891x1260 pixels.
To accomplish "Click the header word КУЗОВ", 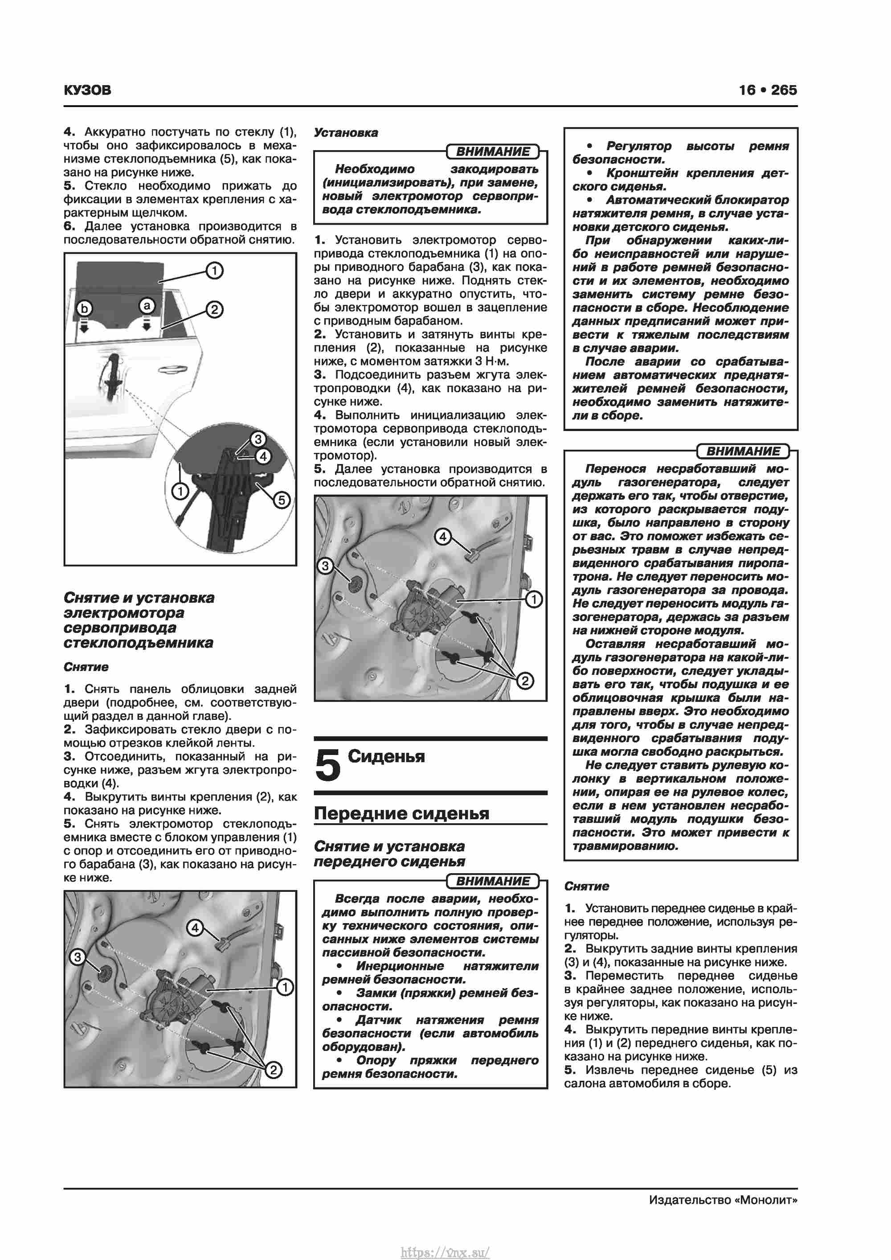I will click(x=87, y=90).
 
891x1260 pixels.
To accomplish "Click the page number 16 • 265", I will click(x=768, y=90).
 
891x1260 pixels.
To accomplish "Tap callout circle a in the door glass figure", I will click(x=147, y=305).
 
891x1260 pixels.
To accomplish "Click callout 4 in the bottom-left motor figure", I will click(x=195, y=928).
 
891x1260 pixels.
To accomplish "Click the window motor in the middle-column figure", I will click(x=428, y=603).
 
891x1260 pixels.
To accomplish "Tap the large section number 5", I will click(x=328, y=766).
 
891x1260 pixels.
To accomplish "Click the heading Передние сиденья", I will click(x=401, y=813).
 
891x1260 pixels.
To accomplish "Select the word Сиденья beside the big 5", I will click(x=386, y=756).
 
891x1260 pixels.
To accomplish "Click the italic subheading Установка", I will click(x=346, y=133).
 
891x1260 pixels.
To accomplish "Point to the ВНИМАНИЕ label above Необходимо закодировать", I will click(x=493, y=152).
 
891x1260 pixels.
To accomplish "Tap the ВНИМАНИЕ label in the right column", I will click(x=742, y=451).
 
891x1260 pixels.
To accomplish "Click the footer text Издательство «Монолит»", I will click(x=723, y=1200).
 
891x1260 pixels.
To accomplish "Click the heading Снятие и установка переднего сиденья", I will click(x=389, y=854).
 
